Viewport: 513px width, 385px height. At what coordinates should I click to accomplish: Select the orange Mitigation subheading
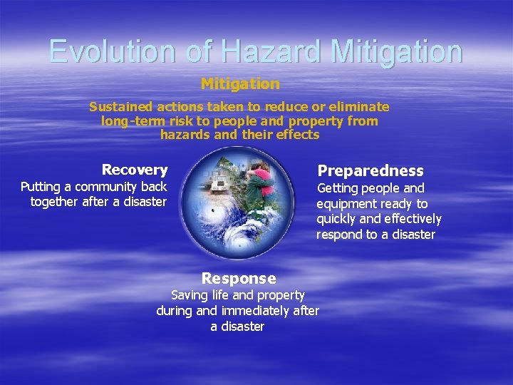[240, 84]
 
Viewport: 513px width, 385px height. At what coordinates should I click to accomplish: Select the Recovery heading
[135, 170]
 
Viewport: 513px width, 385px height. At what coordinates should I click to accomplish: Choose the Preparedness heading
[370, 171]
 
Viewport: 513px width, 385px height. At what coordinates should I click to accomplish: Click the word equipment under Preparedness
[346, 204]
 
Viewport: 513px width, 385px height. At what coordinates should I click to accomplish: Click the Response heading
[239, 278]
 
